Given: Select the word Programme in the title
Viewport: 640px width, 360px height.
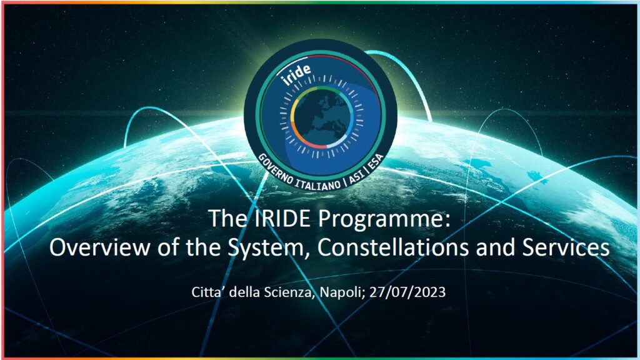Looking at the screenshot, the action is [383, 219].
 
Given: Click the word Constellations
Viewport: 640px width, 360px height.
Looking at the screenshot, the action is [392, 247].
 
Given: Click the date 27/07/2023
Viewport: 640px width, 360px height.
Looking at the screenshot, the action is [407, 292].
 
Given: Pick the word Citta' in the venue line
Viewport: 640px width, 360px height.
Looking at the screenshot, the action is [207, 292].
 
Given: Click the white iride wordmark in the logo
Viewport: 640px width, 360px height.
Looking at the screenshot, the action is [297, 74].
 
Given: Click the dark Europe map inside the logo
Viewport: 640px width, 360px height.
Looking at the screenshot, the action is [322, 118].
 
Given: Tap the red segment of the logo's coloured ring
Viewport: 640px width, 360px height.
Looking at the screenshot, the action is [314, 144].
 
